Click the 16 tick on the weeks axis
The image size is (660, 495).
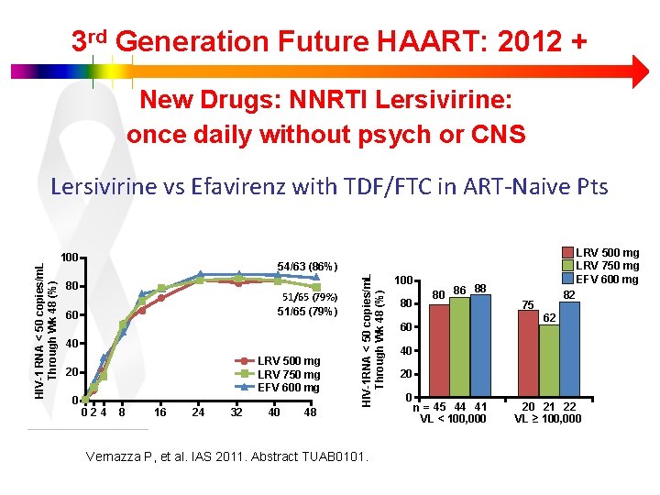pyautogui.click(x=160, y=412)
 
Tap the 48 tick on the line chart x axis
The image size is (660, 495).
pyautogui.click(x=310, y=412)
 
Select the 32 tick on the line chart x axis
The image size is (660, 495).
pyautogui.click(x=236, y=412)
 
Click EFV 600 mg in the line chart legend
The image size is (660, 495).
pyautogui.click(x=289, y=388)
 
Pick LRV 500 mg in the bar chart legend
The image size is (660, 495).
pyautogui.click(x=607, y=253)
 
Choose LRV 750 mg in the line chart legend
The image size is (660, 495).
pyautogui.click(x=289, y=375)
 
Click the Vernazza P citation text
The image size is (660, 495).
pyautogui.click(x=225, y=456)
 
